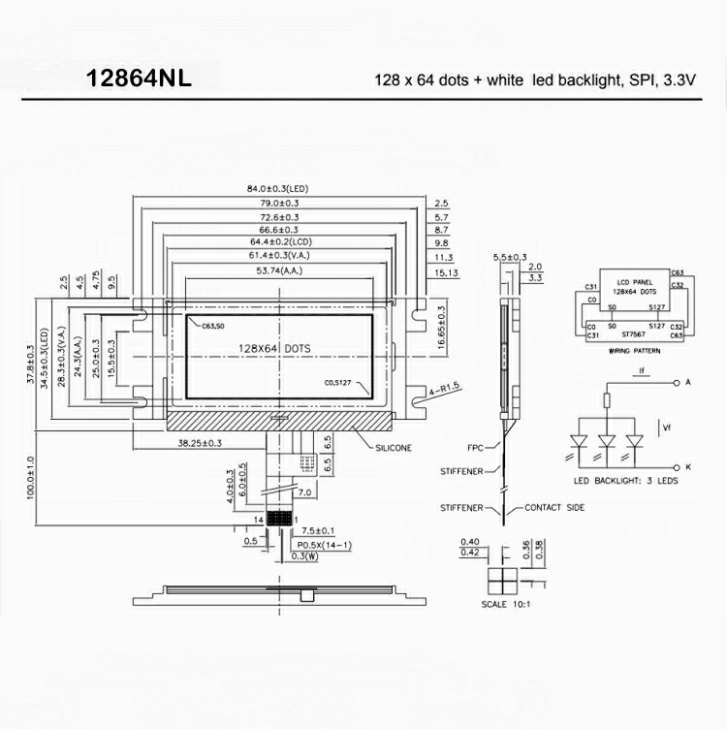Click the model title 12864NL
click(x=139, y=78)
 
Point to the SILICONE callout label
click(x=395, y=448)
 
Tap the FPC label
click(x=475, y=447)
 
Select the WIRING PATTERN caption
click(x=634, y=352)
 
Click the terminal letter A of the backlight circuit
click(x=687, y=383)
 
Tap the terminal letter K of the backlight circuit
click(x=687, y=466)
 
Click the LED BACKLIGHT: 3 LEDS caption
click(x=625, y=482)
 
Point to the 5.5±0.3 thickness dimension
click(x=510, y=257)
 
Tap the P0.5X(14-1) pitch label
click(x=325, y=544)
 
